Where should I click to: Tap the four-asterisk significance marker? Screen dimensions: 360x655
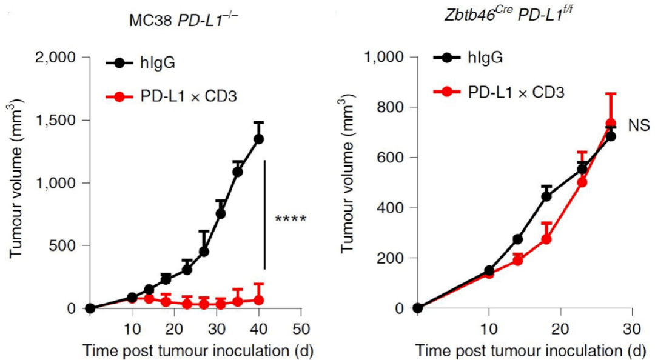(x=291, y=218)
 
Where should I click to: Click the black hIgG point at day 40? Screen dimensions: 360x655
(x=259, y=139)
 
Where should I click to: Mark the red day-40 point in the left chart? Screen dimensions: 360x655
(x=259, y=300)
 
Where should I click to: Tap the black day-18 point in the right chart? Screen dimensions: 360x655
(x=546, y=196)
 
